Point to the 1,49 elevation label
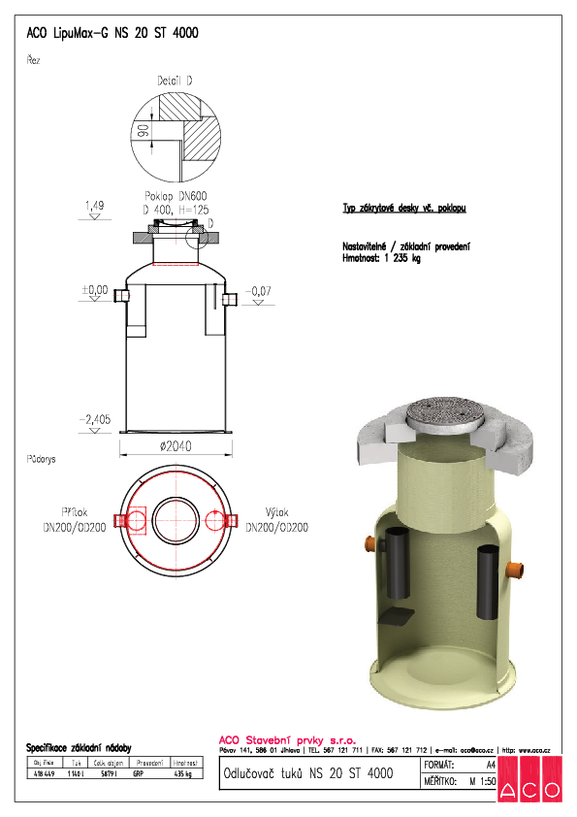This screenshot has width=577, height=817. tap(94, 206)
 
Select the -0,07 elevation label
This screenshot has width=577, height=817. tap(259, 290)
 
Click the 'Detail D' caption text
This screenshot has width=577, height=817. tap(176, 81)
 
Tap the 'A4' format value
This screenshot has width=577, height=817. tap(490, 766)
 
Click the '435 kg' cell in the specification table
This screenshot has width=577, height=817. tap(182, 773)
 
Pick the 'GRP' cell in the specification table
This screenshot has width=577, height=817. tap(142, 773)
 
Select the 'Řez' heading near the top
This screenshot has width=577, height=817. tap(33, 60)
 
